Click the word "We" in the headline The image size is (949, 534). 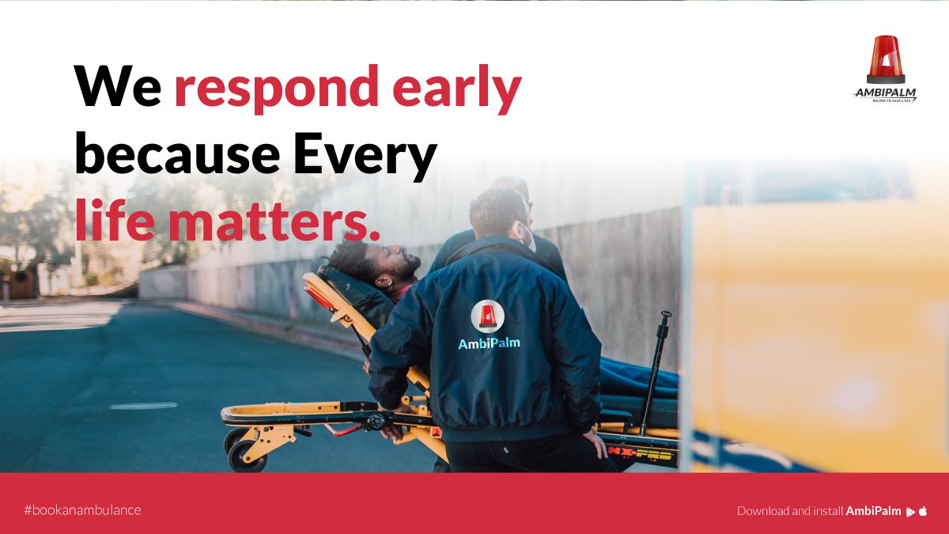[118, 86]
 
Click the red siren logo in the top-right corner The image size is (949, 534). [886, 59]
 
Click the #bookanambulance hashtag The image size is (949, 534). [82, 510]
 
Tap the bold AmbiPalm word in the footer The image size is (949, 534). [874, 511]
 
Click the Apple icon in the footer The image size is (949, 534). [923, 511]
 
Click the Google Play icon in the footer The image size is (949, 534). [910, 511]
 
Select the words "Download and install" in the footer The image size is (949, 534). [790, 511]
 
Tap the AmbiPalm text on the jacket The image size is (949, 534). [489, 343]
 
